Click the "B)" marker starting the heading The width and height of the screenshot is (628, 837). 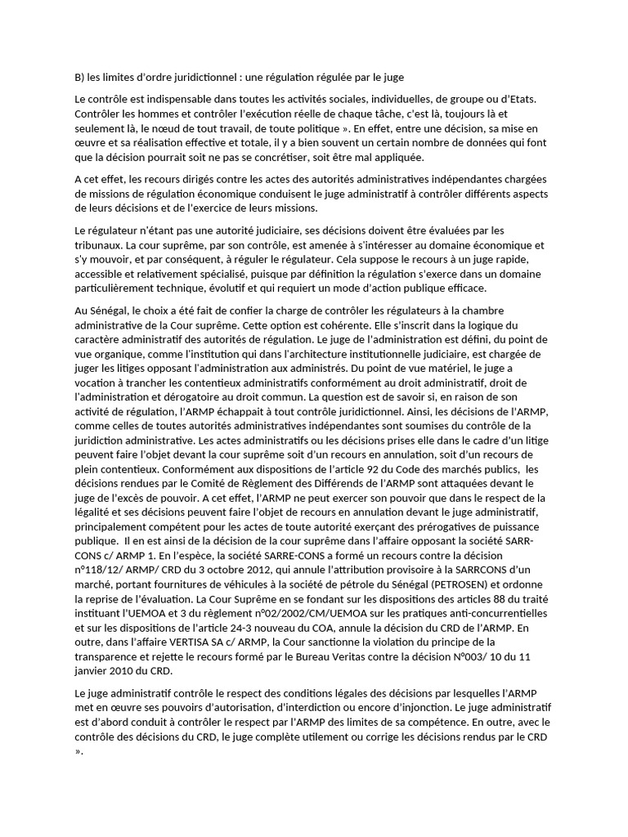click(x=79, y=78)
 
